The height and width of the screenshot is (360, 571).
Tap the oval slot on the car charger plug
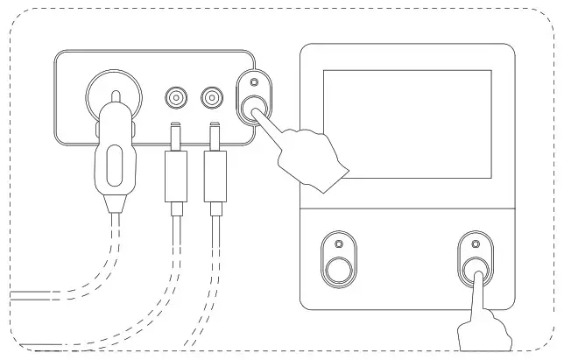113,164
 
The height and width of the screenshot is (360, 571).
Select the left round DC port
176,96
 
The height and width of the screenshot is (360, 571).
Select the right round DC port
212,96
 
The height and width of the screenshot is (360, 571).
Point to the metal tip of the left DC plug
176,135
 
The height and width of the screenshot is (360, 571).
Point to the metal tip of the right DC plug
213,135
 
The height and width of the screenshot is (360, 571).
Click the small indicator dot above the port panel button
254,84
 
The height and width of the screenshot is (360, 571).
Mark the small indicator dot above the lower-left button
335,242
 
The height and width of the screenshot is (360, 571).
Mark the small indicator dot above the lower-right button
476,243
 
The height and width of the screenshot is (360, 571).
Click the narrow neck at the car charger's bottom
113,204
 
